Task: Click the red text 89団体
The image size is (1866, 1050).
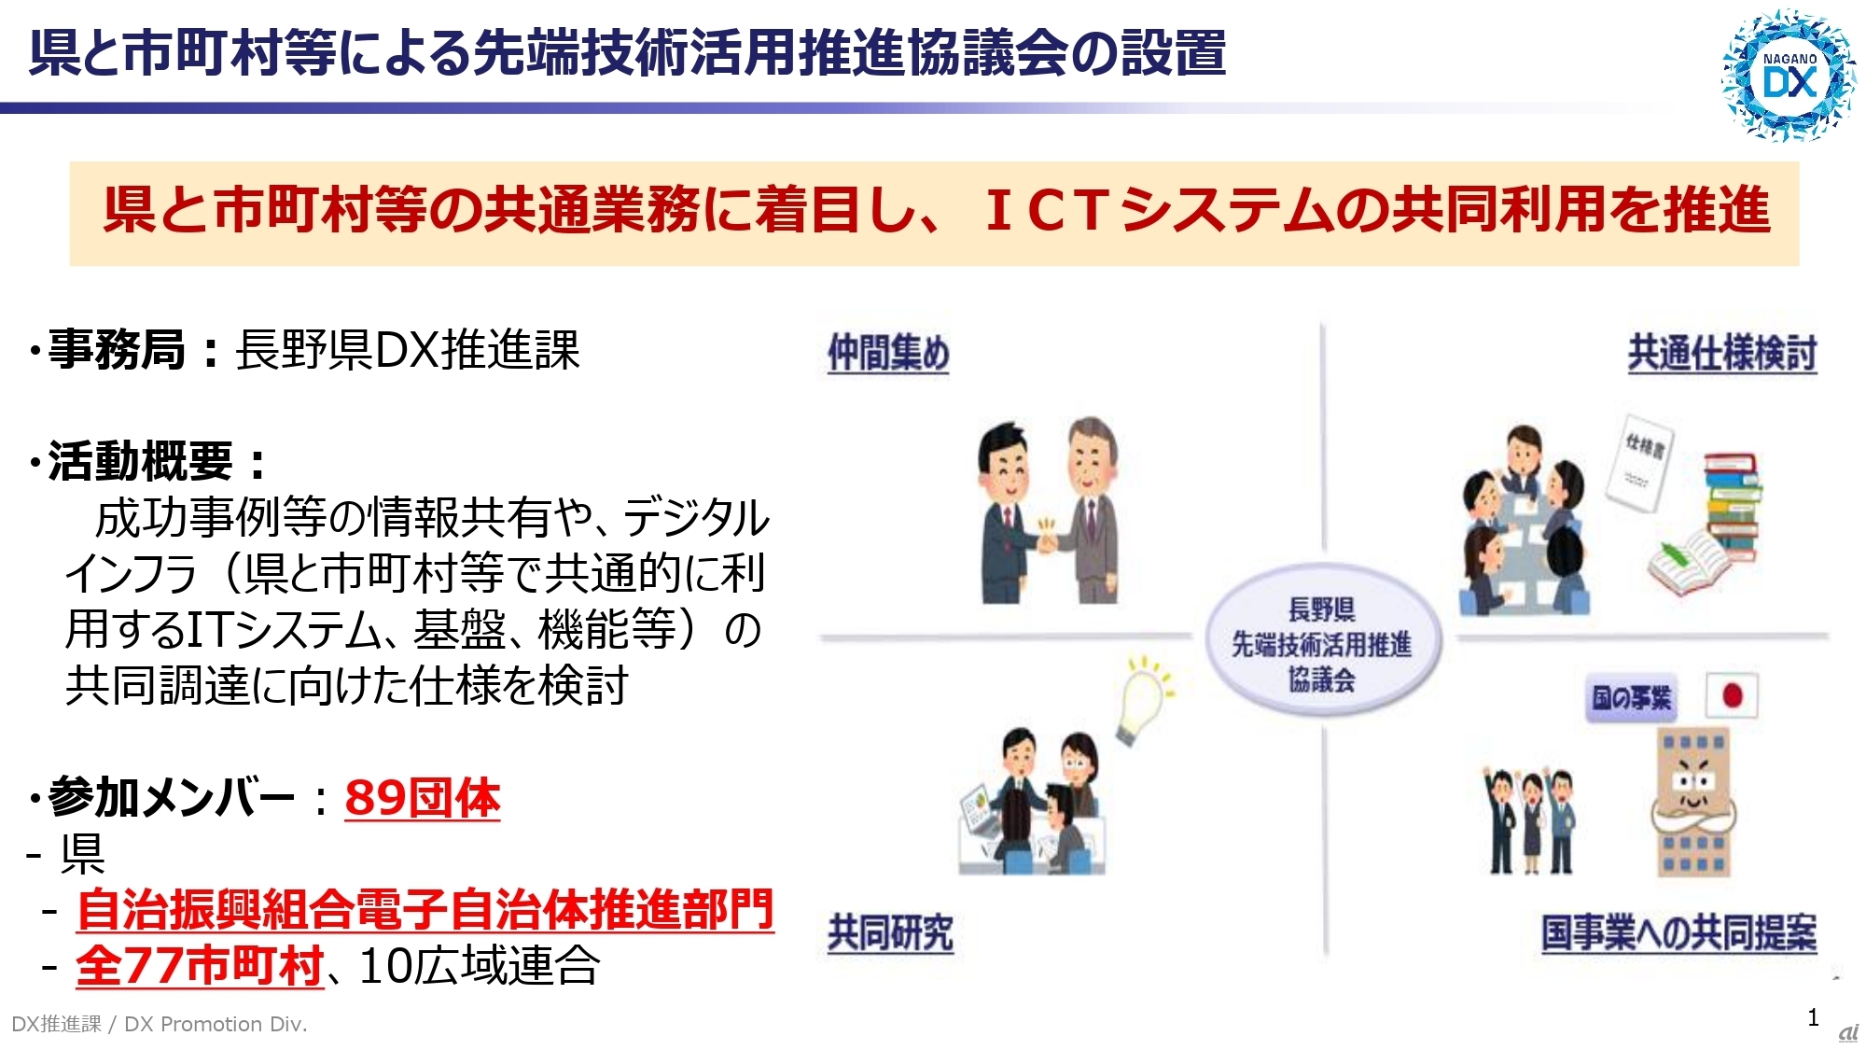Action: coord(422,799)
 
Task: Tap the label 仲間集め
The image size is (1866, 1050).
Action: coord(888,354)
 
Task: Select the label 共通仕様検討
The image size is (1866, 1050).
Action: coord(1721,354)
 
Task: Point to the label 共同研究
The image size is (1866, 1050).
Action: coord(890,932)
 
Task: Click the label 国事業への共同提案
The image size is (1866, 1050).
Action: coord(1678,932)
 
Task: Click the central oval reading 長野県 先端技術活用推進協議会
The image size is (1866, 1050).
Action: coord(1322,644)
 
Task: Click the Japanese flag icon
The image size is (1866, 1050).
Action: coord(1732,696)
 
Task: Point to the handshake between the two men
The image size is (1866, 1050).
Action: coord(1048,539)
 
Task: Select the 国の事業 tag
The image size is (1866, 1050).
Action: coord(1631,698)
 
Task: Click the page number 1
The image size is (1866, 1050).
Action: coord(1813,1017)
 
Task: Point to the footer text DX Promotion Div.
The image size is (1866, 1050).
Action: coord(215,1025)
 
